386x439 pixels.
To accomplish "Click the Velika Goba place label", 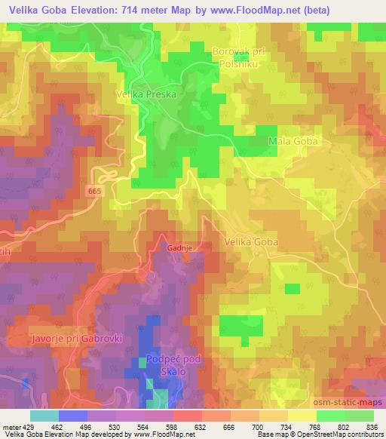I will click(251, 242).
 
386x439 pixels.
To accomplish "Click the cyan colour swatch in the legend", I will click(44, 416).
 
